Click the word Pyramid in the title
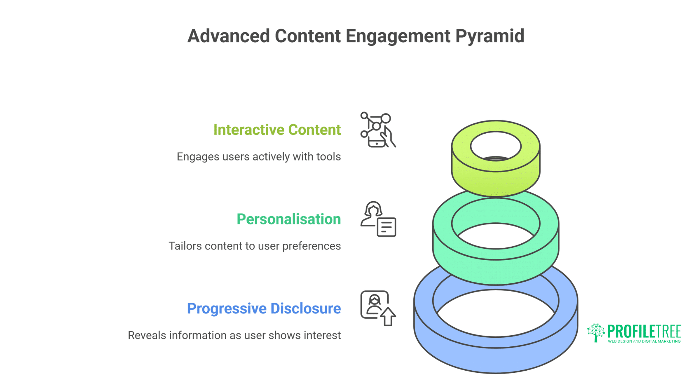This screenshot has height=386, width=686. (489, 36)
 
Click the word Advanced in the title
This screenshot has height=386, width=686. (229, 36)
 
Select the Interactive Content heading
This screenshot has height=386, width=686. (277, 130)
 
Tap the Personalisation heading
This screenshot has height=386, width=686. (289, 219)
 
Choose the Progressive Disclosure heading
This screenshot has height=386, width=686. (264, 308)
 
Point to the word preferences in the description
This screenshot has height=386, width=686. (312, 246)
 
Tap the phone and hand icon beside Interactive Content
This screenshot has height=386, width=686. (378, 130)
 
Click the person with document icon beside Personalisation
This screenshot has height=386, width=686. (378, 219)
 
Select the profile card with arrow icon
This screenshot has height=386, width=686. (378, 308)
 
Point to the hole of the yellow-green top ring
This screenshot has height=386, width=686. (496, 145)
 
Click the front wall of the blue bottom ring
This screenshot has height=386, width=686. (496, 359)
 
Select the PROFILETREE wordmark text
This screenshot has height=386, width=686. (644, 331)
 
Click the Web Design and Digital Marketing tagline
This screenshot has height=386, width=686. (644, 341)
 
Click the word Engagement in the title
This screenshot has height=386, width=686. (398, 36)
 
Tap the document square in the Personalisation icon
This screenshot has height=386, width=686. (386, 227)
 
